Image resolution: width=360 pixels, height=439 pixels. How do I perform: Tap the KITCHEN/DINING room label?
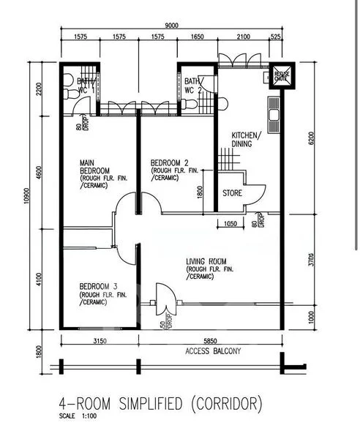coord(247,140)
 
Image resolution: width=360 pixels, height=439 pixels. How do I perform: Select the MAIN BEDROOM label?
coord(95,169)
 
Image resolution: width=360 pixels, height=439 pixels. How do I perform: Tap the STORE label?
coord(233,195)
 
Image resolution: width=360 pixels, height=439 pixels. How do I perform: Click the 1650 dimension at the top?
coord(198,36)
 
